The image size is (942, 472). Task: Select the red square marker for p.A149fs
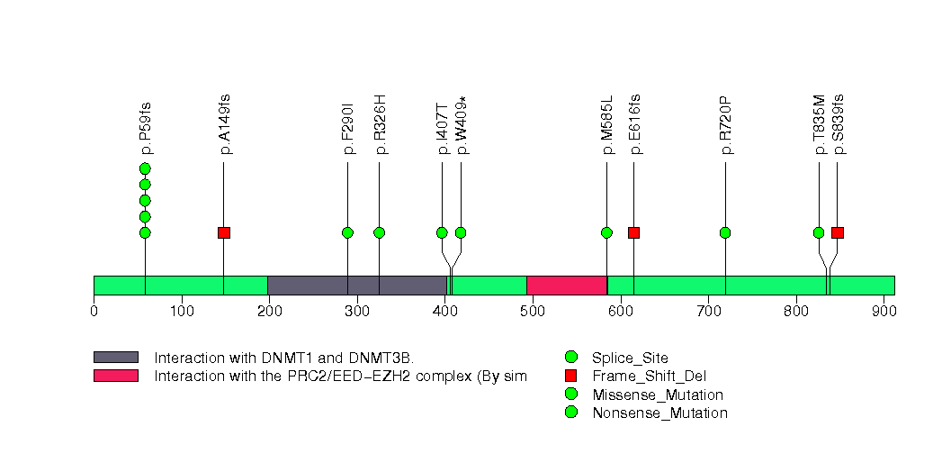tap(224, 232)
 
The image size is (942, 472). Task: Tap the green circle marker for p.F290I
tap(347, 232)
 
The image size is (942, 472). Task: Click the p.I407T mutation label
tap(442, 128)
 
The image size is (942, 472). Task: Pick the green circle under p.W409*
tap(461, 232)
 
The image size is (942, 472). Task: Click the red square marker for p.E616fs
tap(633, 232)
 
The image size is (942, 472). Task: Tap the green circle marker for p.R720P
tap(725, 232)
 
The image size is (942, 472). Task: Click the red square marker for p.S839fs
tap(838, 232)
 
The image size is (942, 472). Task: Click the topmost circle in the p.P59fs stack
tap(145, 168)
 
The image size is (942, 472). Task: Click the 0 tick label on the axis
tap(94, 312)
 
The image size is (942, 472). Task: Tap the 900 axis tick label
tap(884, 312)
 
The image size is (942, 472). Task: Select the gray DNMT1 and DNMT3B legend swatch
tap(115, 358)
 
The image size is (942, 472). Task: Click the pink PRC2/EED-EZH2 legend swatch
tap(115, 376)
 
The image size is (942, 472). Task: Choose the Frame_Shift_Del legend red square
tap(570, 376)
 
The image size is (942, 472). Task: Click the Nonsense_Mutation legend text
tap(659, 413)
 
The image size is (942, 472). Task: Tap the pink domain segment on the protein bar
tap(566, 286)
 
